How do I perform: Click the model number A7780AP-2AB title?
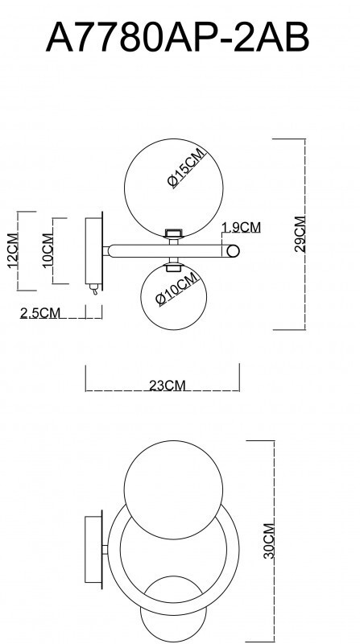click(178, 37)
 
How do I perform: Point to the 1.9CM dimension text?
click(241, 228)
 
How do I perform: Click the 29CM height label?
click(300, 234)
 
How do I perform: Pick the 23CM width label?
click(168, 386)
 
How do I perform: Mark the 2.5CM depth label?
click(40, 313)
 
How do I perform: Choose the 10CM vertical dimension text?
click(48, 252)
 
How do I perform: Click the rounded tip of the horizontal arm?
click(233, 251)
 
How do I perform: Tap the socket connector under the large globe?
click(172, 234)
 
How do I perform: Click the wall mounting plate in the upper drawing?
click(94, 250)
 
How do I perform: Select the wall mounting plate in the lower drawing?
click(93, 547)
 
